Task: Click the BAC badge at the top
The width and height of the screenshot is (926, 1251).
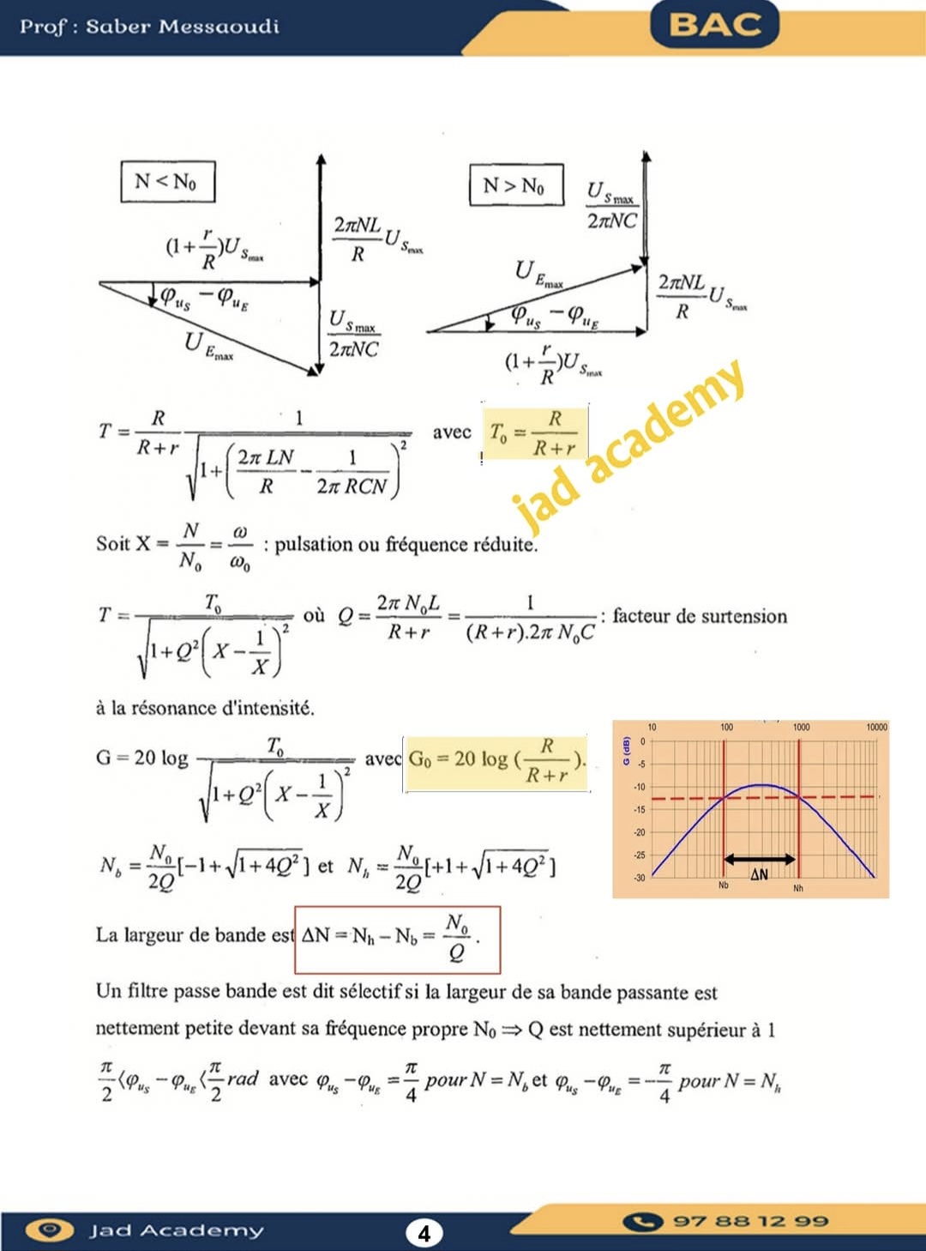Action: pyautogui.click(x=715, y=24)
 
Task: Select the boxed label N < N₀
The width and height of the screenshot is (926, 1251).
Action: pyautogui.click(x=166, y=181)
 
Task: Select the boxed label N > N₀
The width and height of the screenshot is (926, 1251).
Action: pyautogui.click(x=515, y=185)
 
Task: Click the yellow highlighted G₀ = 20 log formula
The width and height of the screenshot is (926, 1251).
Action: pyautogui.click(x=496, y=761)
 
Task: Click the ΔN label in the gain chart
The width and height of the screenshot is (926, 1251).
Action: pyautogui.click(x=760, y=875)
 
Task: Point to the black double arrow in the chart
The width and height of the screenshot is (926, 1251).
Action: pyautogui.click(x=761, y=859)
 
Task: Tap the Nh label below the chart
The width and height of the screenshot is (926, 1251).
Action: pyautogui.click(x=798, y=889)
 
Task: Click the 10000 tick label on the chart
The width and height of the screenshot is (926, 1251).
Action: pyautogui.click(x=875, y=728)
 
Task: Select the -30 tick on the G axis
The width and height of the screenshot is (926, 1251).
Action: pyautogui.click(x=639, y=878)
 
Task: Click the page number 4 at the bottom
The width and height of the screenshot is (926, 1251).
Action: pyautogui.click(x=424, y=1233)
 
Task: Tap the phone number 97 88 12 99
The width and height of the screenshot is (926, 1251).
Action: pyautogui.click(x=750, y=1221)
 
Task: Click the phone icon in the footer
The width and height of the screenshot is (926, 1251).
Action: pyautogui.click(x=643, y=1221)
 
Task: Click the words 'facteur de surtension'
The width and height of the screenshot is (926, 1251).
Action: pyautogui.click(x=700, y=616)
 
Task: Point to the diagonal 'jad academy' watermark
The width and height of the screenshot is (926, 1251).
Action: pyautogui.click(x=630, y=446)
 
